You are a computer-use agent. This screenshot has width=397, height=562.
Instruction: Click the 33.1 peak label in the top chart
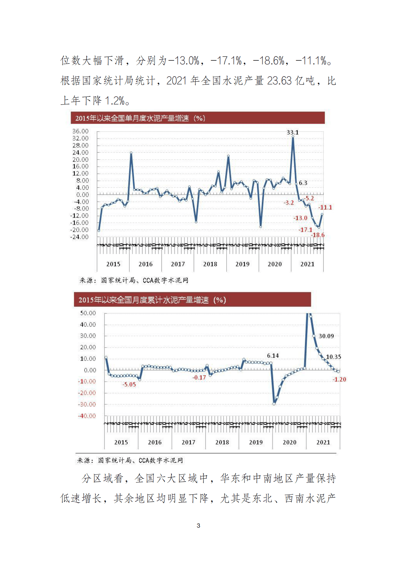[x=293, y=133]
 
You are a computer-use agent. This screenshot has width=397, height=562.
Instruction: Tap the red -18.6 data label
[x=318, y=235]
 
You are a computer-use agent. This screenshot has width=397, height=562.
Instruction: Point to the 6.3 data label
[x=303, y=183]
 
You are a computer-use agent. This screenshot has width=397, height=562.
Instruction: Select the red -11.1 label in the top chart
[x=325, y=207]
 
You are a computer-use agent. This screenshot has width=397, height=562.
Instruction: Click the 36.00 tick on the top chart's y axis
[x=80, y=131]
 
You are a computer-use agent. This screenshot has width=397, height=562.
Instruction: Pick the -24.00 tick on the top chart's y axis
[x=79, y=237]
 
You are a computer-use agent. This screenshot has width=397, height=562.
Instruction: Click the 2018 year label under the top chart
[x=210, y=264]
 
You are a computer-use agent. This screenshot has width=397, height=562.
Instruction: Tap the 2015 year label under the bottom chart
[x=121, y=442]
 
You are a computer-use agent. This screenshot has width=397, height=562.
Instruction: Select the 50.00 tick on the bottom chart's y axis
[x=88, y=313]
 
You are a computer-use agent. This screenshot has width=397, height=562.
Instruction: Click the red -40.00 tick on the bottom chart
[x=87, y=416]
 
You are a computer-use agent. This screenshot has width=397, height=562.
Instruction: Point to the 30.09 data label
[x=326, y=336]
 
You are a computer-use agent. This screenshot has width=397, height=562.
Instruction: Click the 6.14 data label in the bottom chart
[x=273, y=356]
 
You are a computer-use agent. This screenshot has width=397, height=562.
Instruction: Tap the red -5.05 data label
[x=129, y=385]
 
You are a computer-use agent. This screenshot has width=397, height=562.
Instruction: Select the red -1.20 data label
[x=339, y=380]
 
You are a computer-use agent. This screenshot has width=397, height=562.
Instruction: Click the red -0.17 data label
[x=199, y=378]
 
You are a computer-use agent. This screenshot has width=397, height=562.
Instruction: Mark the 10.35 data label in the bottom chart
[x=333, y=357]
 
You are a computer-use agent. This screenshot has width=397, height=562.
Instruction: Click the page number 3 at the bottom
[x=198, y=526]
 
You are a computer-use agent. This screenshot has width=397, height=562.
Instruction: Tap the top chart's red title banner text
[x=140, y=118]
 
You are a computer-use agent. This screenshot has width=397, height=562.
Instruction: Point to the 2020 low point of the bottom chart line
[x=274, y=404]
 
